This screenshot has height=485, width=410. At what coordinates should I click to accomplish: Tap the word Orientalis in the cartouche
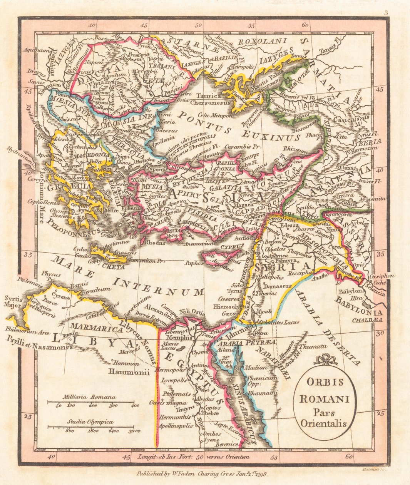[326, 424]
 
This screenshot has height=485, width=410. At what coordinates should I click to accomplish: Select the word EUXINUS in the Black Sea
[268, 136]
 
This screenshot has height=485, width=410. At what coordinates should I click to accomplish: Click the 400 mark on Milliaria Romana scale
[134, 406]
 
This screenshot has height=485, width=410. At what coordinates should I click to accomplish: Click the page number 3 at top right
[385, 13]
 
